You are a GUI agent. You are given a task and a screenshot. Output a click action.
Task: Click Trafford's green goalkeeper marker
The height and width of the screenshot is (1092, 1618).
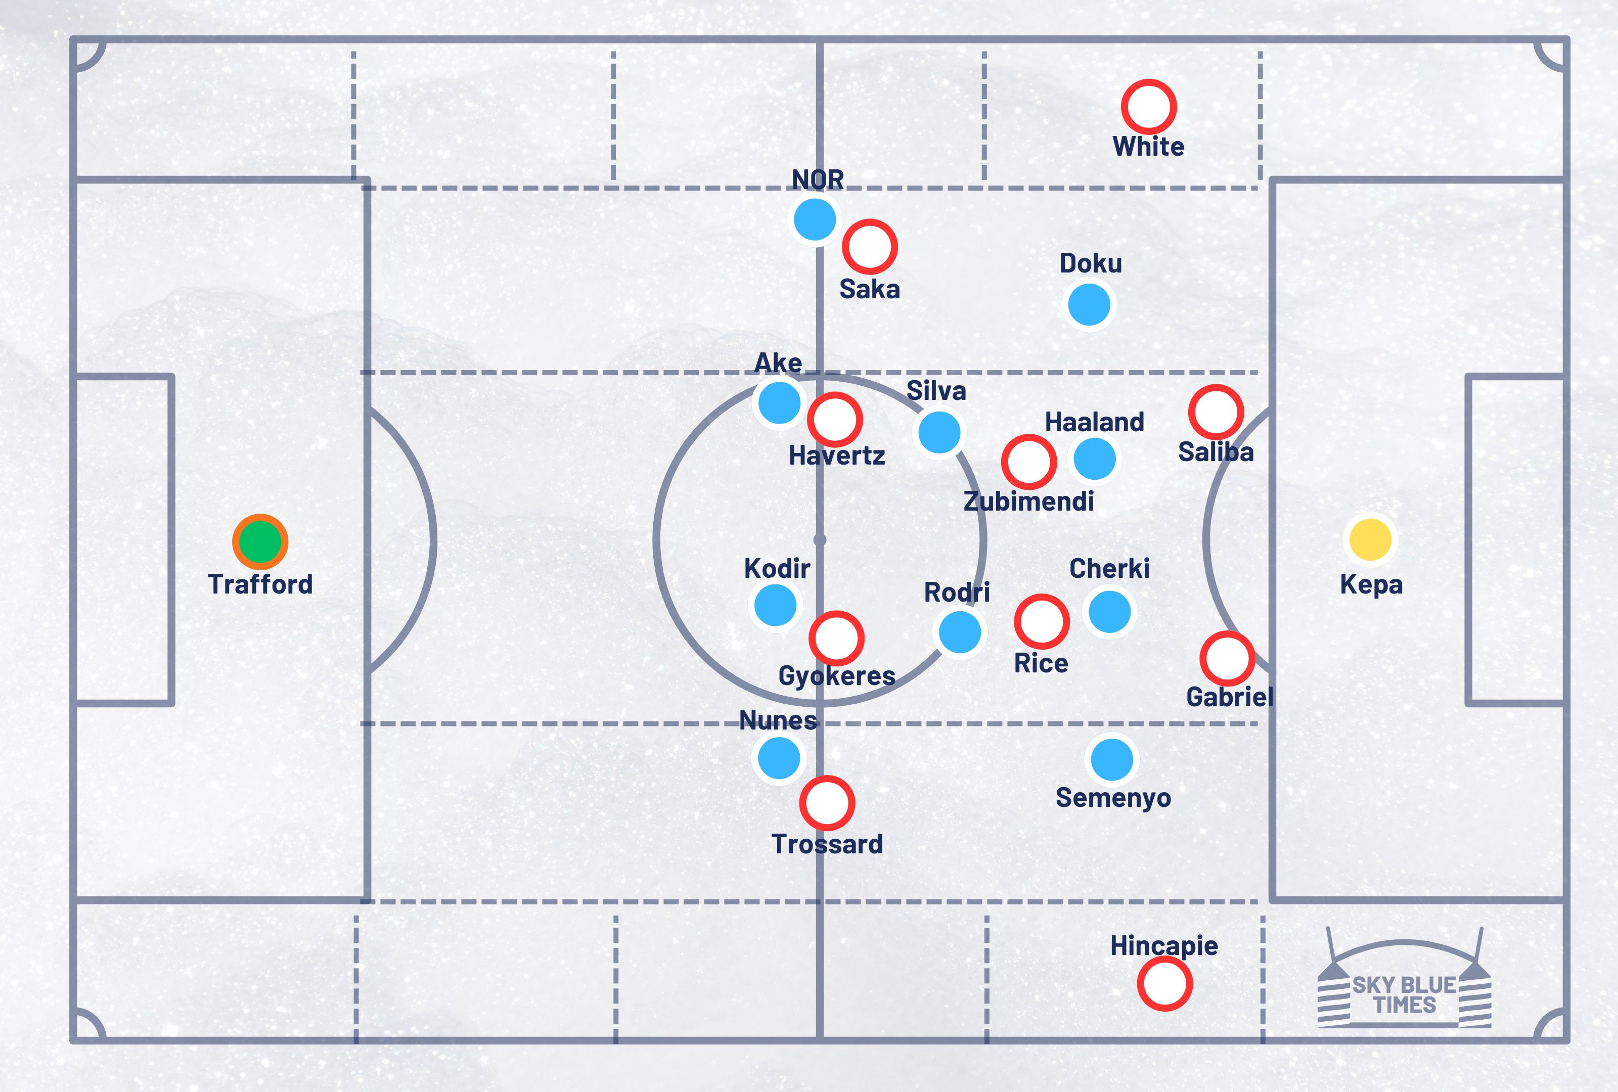[x=260, y=541]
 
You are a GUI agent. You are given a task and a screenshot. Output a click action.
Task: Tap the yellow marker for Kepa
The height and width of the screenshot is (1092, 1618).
[x=1370, y=539]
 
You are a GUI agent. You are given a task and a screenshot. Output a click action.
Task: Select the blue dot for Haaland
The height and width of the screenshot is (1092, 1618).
[x=1095, y=459]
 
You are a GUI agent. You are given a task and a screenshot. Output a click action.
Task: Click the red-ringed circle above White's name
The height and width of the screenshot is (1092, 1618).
[x=1148, y=107]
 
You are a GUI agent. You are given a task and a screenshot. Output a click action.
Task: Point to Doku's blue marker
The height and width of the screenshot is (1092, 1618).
[x=1089, y=304]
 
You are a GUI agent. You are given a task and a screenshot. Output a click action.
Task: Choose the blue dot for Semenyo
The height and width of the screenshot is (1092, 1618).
[x=1112, y=759]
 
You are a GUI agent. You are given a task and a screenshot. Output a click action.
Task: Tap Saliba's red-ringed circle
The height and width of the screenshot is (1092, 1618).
[x=1216, y=412]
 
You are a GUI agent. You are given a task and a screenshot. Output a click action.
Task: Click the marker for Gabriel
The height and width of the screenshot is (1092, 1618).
[x=1227, y=658]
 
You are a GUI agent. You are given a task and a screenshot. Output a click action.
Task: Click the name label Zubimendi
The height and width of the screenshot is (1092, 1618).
[x=1028, y=501]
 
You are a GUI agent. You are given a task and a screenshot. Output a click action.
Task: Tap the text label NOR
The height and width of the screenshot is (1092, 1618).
[x=818, y=179]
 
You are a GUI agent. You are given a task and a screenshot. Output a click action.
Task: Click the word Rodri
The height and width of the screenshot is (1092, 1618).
[x=957, y=593]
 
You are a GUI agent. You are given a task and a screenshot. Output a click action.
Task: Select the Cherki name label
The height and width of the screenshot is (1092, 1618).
[x=1109, y=569]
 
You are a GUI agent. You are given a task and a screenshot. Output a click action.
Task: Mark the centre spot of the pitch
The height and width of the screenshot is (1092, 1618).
[x=820, y=539]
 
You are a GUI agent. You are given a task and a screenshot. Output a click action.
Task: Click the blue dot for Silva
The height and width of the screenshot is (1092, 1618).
[x=939, y=432]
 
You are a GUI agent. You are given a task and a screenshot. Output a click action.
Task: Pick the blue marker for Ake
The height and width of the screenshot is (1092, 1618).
[x=779, y=402]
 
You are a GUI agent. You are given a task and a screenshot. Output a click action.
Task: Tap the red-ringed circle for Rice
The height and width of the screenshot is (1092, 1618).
[x=1042, y=621]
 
